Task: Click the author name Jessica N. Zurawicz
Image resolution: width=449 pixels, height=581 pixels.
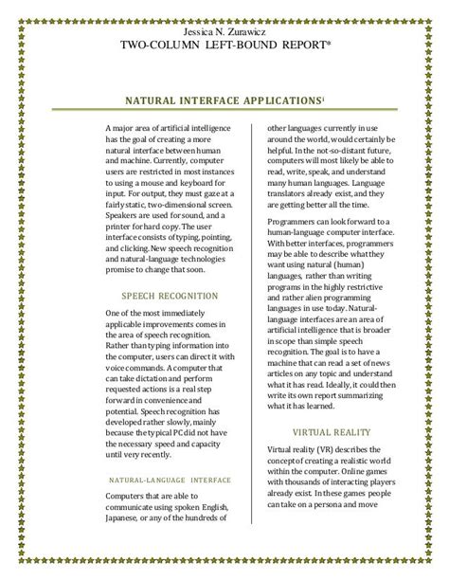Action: tap(224, 31)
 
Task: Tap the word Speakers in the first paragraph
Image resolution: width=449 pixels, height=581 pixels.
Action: tap(125, 214)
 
